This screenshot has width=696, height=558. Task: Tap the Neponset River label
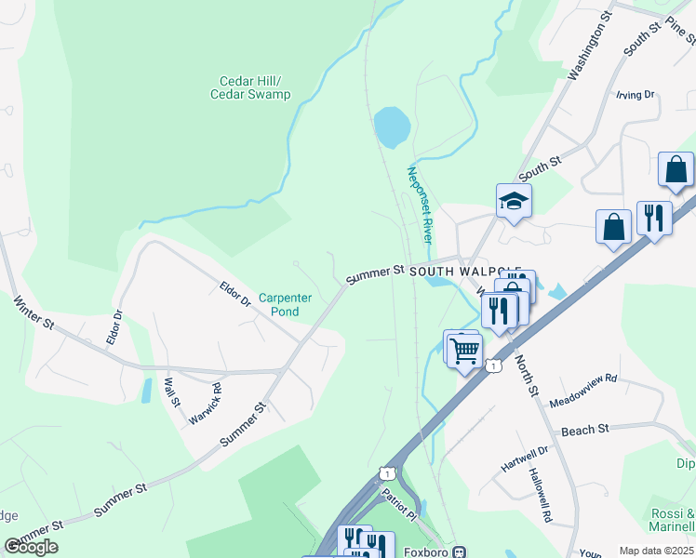417,205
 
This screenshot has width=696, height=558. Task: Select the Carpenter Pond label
284,304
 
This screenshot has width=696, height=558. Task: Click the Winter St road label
33,312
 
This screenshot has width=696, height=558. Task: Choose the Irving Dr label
636,95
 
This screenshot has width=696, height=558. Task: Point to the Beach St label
584,429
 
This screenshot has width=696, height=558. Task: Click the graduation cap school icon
514,200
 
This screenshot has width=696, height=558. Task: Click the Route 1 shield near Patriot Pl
385,474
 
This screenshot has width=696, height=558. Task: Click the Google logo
32,547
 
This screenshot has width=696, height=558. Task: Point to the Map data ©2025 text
657,551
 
